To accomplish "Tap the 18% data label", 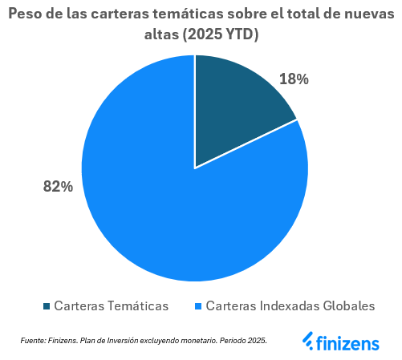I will (x=294, y=79).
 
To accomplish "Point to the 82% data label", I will (x=58, y=186).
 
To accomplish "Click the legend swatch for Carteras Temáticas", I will (x=47, y=306).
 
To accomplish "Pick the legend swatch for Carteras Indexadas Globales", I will (x=198, y=306).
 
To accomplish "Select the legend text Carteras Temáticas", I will (x=111, y=306).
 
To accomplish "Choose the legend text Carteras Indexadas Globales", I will (x=290, y=306).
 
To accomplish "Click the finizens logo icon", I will (x=308, y=341).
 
